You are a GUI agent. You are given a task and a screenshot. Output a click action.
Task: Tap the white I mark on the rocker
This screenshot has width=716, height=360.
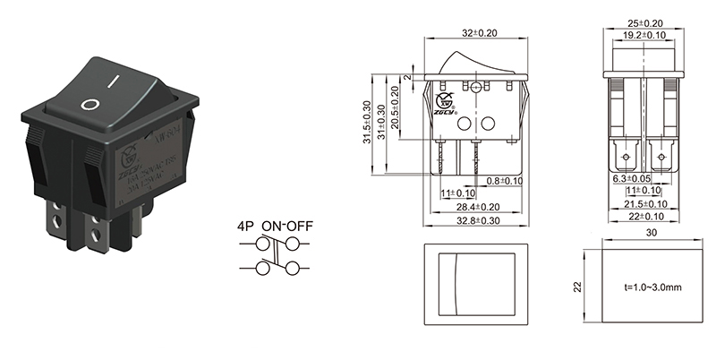113,79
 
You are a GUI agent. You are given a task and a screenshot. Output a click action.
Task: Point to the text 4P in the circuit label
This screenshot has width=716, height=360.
243,227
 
